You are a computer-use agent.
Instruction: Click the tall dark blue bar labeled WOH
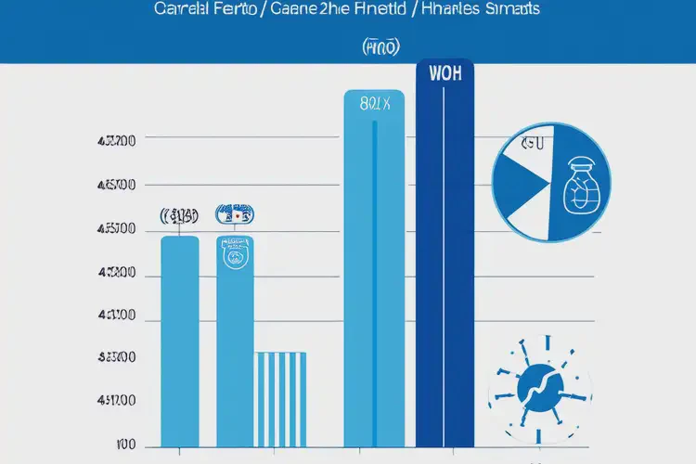(445, 269)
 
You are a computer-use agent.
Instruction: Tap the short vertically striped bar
(279, 399)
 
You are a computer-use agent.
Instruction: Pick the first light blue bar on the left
(179, 343)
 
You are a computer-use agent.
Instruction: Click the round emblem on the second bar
(236, 253)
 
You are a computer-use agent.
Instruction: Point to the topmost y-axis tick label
(117, 142)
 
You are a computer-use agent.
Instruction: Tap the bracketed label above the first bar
(179, 216)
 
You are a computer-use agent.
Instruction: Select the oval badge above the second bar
(235, 215)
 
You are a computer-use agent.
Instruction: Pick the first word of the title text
(181, 10)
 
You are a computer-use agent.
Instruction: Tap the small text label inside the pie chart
(532, 145)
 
